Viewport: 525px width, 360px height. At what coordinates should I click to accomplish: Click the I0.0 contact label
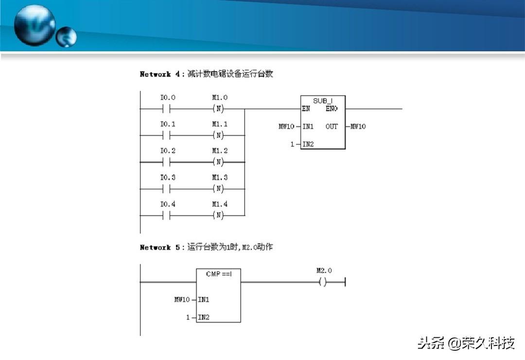(x=168, y=98)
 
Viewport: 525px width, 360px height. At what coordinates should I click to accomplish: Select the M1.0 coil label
(x=219, y=98)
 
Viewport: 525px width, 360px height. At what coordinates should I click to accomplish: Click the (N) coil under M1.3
(x=219, y=189)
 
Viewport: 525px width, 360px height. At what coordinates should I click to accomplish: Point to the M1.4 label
(x=219, y=204)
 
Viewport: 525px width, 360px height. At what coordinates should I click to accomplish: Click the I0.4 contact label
(x=168, y=204)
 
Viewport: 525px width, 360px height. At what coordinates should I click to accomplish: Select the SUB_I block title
(x=322, y=101)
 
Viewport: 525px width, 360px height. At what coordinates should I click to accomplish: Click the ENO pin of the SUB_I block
(x=332, y=109)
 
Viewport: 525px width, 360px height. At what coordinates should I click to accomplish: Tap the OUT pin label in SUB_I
(x=332, y=126)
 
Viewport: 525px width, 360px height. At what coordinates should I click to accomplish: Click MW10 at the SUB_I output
(x=358, y=126)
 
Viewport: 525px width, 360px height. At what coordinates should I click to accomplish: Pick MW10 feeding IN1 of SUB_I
(x=286, y=126)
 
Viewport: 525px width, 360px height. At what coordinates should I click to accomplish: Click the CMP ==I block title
(x=219, y=274)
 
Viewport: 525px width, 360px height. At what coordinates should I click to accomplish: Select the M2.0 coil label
(x=324, y=271)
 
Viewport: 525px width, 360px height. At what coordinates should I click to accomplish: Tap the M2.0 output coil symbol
(x=322, y=282)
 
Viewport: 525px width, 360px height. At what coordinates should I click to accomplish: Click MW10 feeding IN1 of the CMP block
(x=182, y=300)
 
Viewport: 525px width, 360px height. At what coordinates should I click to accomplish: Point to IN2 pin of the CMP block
(x=204, y=318)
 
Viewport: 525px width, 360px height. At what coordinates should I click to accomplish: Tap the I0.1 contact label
(x=168, y=124)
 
